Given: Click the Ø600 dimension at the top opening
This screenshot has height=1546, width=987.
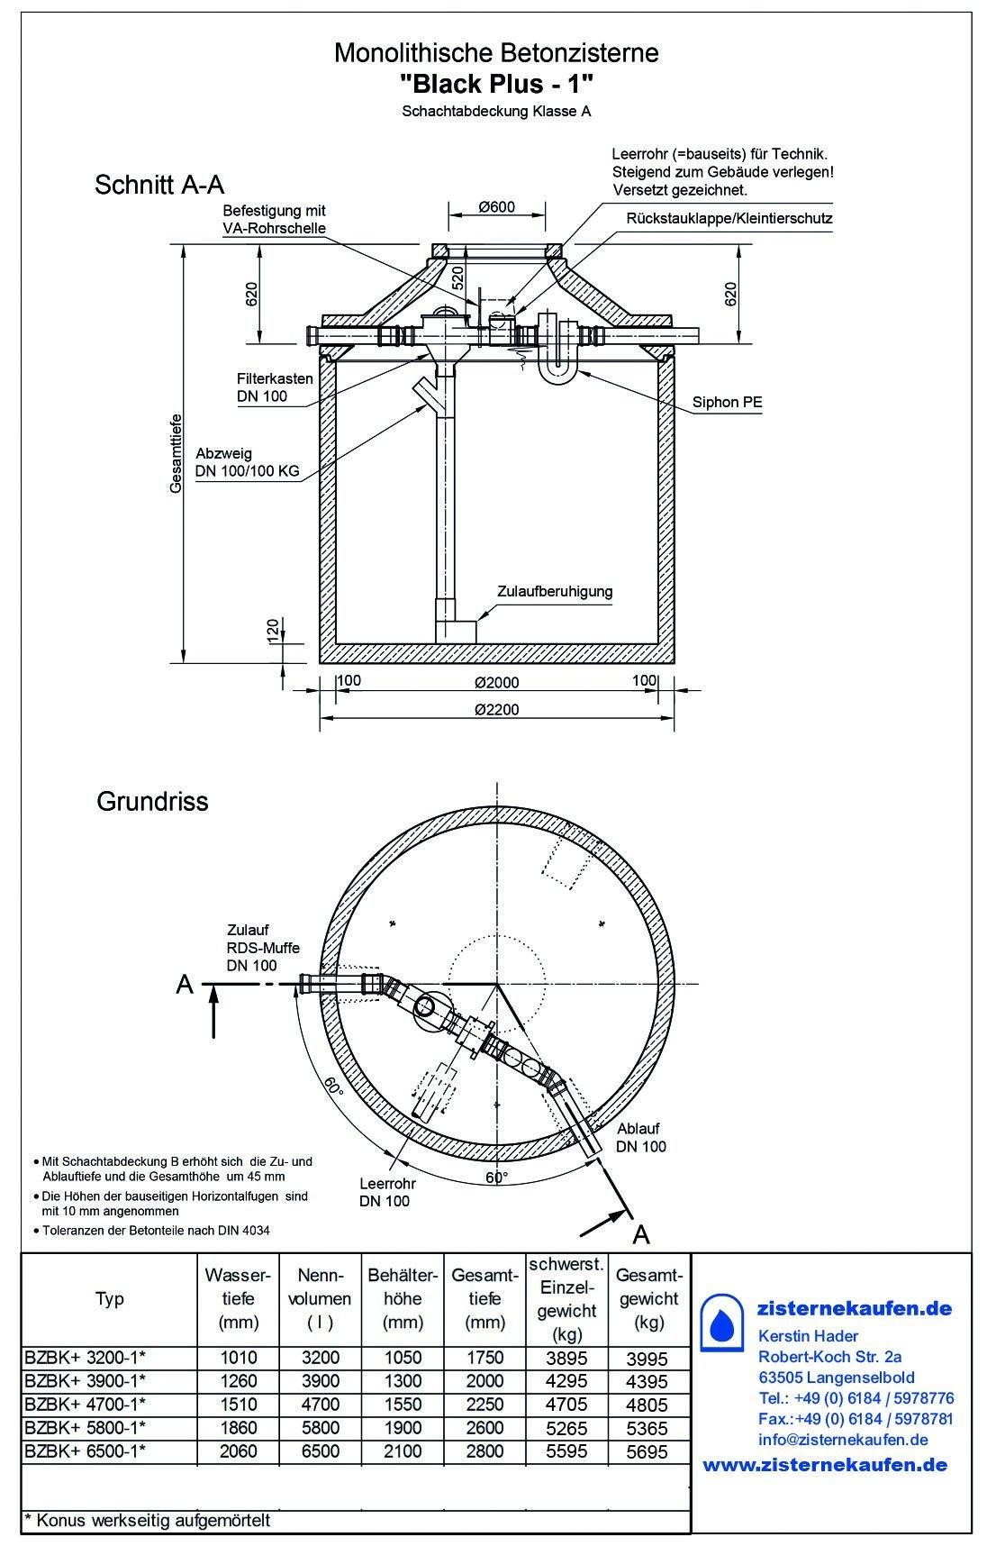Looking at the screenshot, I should (x=497, y=207).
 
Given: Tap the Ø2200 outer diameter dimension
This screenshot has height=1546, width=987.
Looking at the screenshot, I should (x=497, y=709).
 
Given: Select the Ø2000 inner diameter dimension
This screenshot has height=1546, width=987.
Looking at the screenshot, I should (x=497, y=682).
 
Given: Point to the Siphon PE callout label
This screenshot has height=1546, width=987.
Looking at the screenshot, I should (x=728, y=403).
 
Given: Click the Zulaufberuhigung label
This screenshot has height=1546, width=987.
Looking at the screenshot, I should (x=555, y=592).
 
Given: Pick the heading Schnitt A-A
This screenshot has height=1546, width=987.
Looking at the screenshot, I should (x=159, y=185).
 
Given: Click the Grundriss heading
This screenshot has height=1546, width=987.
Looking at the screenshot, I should (x=152, y=801).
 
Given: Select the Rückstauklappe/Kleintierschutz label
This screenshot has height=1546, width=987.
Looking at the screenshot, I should (x=729, y=219).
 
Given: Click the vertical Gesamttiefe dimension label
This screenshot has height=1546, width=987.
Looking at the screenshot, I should (x=176, y=453).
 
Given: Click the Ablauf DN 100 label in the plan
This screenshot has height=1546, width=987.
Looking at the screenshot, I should (x=641, y=1137).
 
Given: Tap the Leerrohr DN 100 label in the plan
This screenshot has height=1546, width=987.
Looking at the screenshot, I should (x=385, y=1192).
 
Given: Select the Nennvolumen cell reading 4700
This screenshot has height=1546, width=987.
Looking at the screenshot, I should (x=321, y=1405).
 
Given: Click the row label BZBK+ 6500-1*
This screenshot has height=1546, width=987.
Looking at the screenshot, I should (x=86, y=1451).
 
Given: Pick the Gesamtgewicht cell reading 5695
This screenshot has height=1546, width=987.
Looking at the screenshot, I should (x=648, y=1452).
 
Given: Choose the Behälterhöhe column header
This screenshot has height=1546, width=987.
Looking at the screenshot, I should (x=403, y=1298).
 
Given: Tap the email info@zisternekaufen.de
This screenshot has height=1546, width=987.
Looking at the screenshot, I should (x=843, y=1440).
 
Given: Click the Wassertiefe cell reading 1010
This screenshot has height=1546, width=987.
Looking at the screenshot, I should (x=239, y=1358).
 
